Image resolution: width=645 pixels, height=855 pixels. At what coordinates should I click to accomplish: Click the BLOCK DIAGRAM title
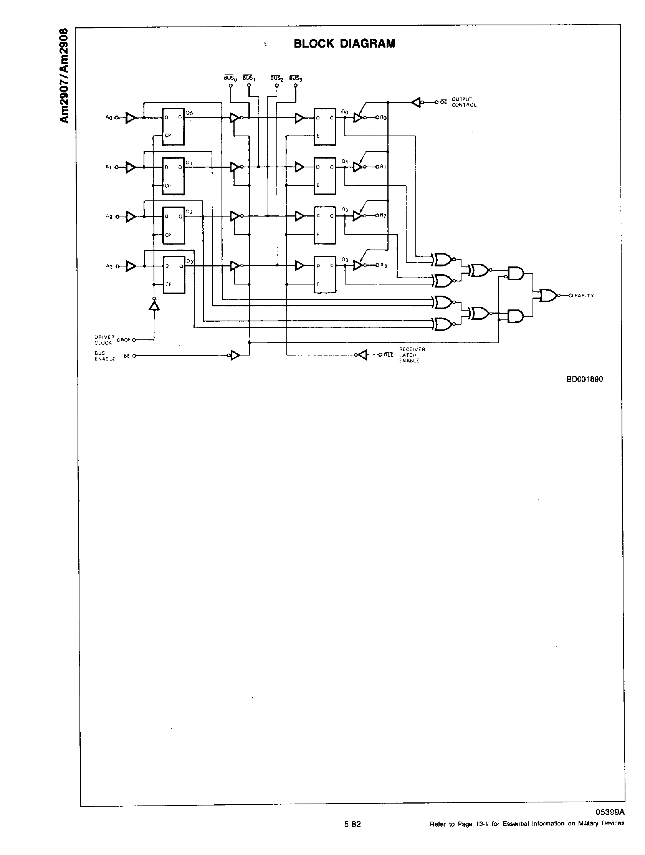[344, 43]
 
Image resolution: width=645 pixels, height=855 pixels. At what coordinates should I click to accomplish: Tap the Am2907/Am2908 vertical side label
[64, 76]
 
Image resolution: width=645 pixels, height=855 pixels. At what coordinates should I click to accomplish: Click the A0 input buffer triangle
[131, 117]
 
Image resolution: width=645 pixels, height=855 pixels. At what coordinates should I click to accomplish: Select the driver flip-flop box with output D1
[173, 176]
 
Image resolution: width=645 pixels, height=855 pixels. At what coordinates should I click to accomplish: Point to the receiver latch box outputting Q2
[325, 225]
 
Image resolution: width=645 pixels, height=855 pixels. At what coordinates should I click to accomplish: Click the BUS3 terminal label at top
[296, 78]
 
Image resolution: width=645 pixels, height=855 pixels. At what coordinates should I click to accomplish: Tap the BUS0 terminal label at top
[230, 78]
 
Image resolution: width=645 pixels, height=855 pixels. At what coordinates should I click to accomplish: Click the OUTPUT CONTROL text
[464, 102]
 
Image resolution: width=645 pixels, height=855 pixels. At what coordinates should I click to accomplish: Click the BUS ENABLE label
[104, 356]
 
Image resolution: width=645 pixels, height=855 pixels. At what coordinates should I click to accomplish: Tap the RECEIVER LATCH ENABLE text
[412, 355]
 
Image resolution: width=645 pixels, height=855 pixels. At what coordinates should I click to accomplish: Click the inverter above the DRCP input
[154, 306]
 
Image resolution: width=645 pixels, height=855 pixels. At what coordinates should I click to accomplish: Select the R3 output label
[383, 266]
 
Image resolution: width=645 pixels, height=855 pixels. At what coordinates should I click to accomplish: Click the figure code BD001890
[584, 379]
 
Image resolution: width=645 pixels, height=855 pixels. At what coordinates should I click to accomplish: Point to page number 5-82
[352, 824]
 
